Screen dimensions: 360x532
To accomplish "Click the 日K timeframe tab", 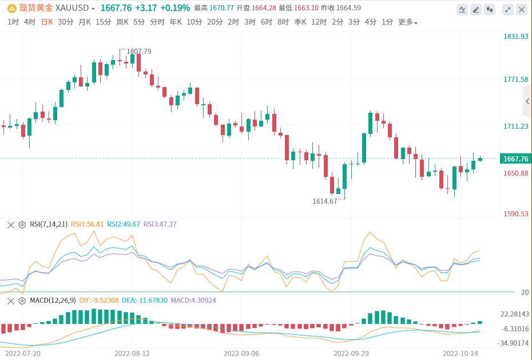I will pos(46,22).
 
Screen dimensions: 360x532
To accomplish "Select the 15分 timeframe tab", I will pos(104,22).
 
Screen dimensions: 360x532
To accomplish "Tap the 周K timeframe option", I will pos(122,22).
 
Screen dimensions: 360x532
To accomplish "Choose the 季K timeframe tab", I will pos(300,22).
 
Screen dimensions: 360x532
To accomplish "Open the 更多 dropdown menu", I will pos(407,22).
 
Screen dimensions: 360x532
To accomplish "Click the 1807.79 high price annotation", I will pos(138,52).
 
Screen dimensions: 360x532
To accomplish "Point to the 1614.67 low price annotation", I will pos(324,201).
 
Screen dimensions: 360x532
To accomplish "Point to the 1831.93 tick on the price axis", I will pos(515,37).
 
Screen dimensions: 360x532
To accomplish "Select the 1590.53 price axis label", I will pos(515,214).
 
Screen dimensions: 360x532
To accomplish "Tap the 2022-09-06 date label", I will pos(241,354).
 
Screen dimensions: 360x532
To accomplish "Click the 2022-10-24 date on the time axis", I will pos(461,354).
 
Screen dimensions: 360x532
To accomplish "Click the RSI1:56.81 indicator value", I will pos(87,224).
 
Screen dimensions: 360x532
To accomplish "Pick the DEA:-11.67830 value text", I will pos(145,300).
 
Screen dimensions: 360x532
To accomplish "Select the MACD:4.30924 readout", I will pos(193,300).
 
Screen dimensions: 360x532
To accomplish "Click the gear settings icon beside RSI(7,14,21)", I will pos(22,224).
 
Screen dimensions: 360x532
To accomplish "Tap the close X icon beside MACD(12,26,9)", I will pos(10,300).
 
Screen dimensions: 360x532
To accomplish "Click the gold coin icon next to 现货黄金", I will pos(11,9).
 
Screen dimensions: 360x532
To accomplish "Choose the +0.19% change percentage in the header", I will pos(174,8).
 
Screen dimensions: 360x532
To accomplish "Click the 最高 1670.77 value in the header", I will pos(214,8).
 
